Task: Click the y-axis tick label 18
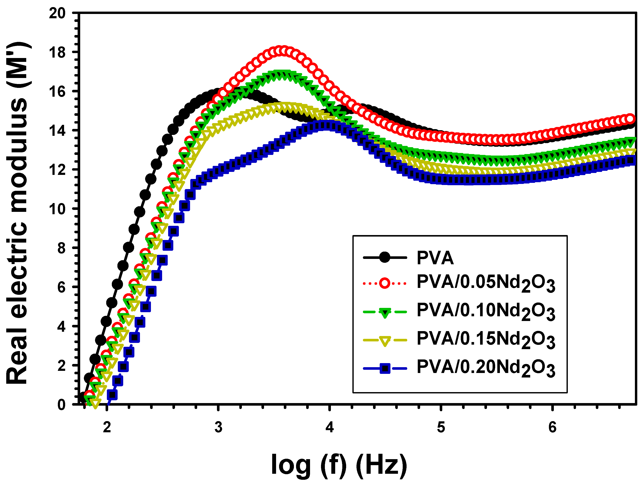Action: pyautogui.click(x=57, y=52)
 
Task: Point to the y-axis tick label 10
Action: pyautogui.click(x=57, y=209)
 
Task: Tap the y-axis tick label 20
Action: pyautogui.click(x=57, y=13)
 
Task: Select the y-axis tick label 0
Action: pyautogui.click(x=61, y=405)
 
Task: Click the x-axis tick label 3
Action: pyautogui.click(x=218, y=427)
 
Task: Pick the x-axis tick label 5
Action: pyautogui.click(x=441, y=427)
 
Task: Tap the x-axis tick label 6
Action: pyautogui.click(x=552, y=427)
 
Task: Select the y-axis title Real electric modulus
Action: pyautogui.click(x=18, y=213)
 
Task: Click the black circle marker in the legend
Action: pyautogui.click(x=385, y=257)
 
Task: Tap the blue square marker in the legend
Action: pyautogui.click(x=385, y=368)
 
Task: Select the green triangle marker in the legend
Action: pyautogui.click(x=385, y=313)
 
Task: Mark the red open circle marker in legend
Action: pyautogui.click(x=385, y=283)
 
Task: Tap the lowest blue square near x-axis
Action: pyautogui.click(x=112, y=394)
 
